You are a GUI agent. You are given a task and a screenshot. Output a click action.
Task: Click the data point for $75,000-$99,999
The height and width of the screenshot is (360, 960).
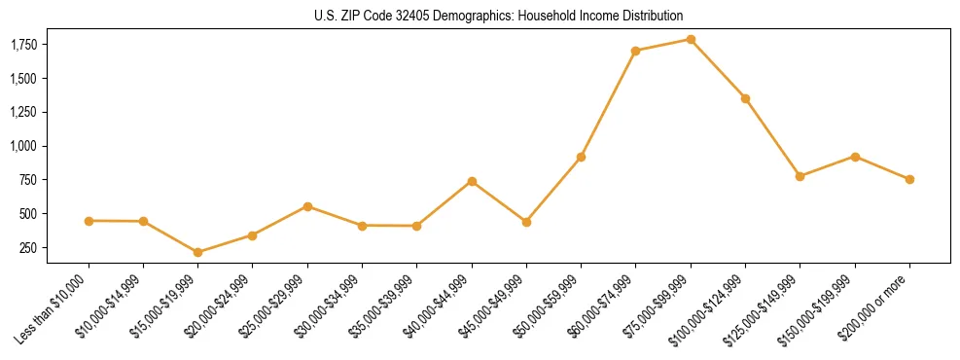691,40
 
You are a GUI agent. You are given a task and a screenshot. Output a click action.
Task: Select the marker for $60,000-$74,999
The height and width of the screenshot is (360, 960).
636,51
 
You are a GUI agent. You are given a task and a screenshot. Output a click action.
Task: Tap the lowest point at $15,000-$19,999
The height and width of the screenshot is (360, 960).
198,252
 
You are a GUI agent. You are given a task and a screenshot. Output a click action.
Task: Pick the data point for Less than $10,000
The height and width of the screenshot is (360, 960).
89,221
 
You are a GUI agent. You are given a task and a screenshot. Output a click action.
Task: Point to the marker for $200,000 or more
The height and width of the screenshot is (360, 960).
909,179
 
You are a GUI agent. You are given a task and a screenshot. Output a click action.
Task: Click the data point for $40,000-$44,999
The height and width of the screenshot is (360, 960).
472,181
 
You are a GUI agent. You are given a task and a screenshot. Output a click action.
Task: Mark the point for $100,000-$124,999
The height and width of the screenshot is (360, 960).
745,98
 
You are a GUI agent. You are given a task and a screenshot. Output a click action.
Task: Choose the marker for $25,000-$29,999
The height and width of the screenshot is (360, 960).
307,206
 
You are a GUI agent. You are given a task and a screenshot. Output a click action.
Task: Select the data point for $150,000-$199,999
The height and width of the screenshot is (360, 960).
855,157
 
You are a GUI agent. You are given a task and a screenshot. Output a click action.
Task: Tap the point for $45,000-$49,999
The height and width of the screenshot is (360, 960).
526,222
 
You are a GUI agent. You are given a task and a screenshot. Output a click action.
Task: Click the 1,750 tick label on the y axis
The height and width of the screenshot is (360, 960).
22,45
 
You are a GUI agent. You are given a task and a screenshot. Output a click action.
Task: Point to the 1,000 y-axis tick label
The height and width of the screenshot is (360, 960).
22,146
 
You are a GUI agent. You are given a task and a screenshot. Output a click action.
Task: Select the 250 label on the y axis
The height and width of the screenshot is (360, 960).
27,248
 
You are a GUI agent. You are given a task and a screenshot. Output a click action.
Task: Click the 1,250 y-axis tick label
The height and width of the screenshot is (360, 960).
22,113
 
